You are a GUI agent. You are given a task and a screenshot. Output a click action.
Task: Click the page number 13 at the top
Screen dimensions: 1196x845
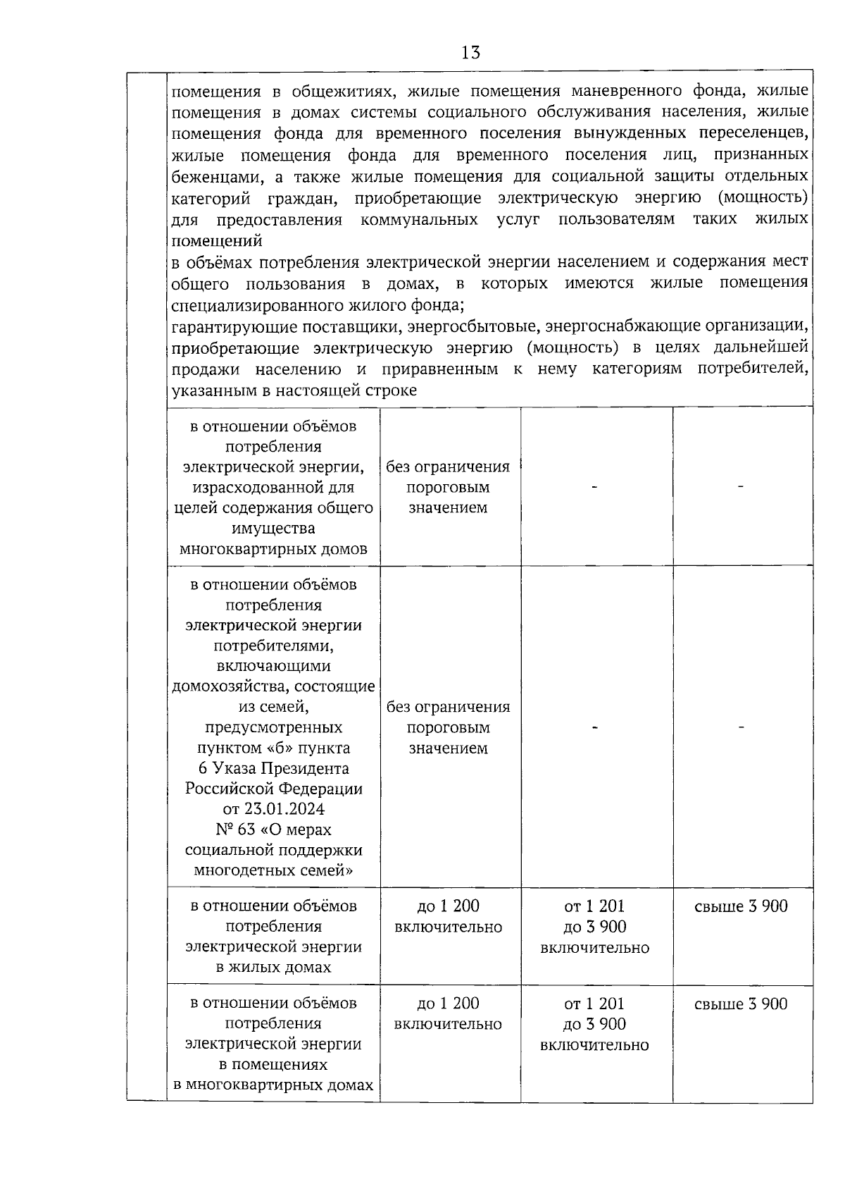point(470,51)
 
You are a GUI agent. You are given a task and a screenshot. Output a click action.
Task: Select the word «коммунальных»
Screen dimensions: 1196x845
point(419,219)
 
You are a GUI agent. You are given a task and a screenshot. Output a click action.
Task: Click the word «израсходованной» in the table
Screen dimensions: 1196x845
point(273,487)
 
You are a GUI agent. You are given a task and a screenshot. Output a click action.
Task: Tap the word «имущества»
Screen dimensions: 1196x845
point(273,528)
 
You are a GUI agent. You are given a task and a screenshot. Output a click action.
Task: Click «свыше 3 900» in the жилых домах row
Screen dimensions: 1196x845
point(741,906)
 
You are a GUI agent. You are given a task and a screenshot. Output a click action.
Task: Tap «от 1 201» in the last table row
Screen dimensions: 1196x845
point(594,1004)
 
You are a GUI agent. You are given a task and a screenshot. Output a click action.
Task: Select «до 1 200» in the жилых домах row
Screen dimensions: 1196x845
point(449,906)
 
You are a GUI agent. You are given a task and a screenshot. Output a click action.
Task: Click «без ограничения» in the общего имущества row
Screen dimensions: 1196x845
point(449,467)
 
